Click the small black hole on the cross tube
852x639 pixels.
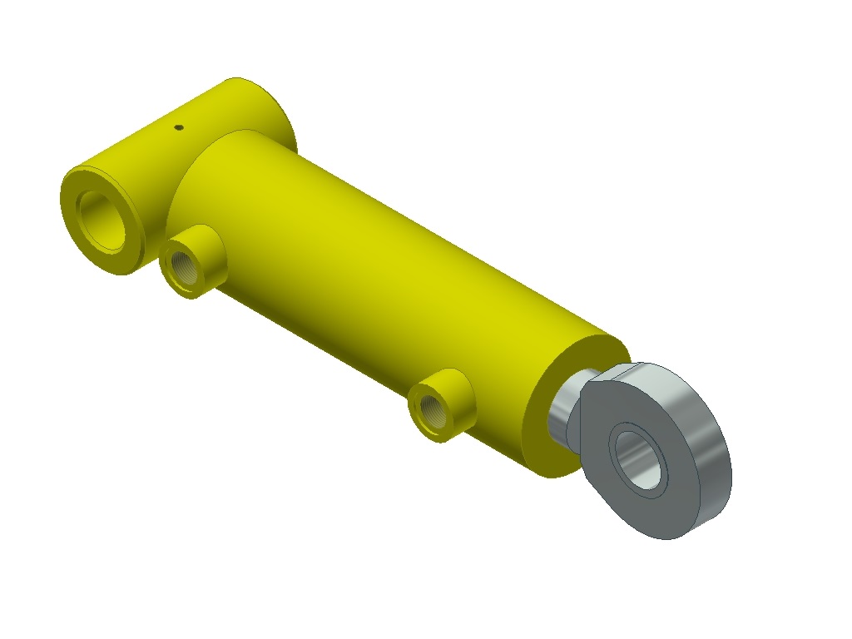pos(177,127)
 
